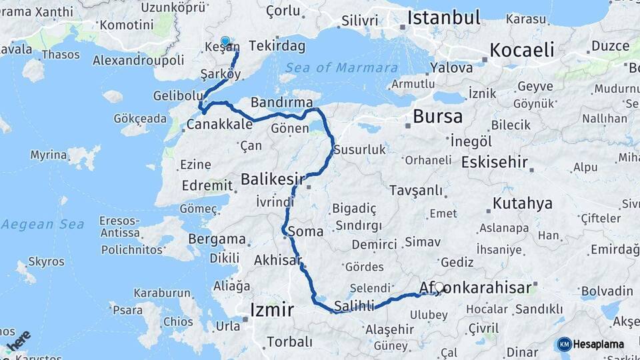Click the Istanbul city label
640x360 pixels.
443,17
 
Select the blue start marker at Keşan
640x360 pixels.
225,42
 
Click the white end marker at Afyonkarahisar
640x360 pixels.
439,287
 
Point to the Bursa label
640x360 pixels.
437,117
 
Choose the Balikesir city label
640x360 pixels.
272,179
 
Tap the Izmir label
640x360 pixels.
272,310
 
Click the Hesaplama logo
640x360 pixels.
591,344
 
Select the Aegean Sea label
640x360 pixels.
42,224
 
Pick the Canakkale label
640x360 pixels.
219,125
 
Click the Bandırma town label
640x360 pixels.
281,102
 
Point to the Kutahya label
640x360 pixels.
523,203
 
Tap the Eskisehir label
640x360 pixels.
489,162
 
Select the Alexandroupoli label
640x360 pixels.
138,60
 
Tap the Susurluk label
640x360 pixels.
360,150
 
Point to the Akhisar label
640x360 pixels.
277,261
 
